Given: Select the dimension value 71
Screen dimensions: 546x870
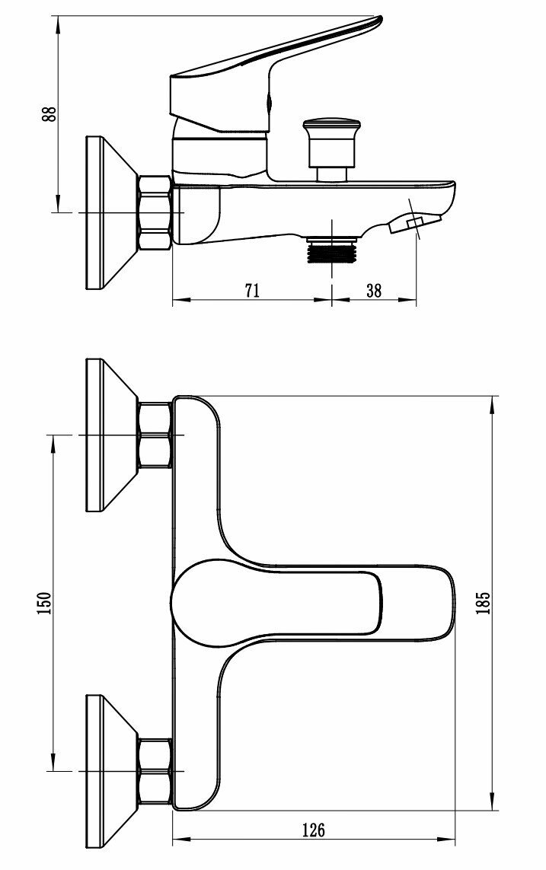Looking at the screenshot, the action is [253, 290].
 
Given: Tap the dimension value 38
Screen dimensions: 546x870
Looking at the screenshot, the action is [374, 290].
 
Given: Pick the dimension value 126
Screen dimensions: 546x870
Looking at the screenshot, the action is [312, 829].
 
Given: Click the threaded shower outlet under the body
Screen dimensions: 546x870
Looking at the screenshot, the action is [331, 250].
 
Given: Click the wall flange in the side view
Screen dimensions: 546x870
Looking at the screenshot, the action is [103, 212].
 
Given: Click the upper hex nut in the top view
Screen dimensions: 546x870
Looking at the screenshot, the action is [155, 435].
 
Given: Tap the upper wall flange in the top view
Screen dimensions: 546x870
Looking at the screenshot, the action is [103, 435].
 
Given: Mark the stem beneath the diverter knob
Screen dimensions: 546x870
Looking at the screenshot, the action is [331, 174].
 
